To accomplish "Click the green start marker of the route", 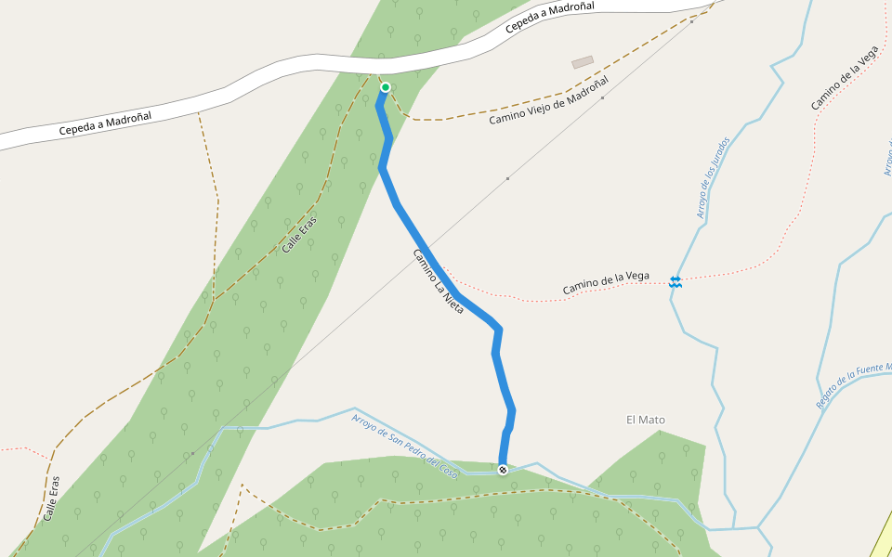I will [386, 87].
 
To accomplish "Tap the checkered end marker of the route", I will [503, 470].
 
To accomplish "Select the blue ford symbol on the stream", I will [676, 280].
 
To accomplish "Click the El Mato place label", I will [646, 420].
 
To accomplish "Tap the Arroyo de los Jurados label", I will [714, 178].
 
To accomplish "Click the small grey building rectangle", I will [583, 62].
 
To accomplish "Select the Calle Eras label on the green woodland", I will [299, 236].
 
